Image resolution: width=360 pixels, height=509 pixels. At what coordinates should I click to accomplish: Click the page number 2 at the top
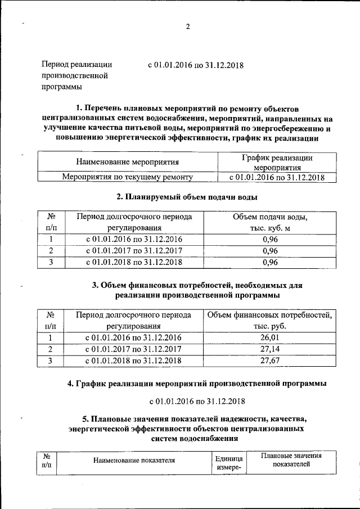coord(188,27)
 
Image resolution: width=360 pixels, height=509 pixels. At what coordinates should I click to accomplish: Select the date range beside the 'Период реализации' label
coord(195,65)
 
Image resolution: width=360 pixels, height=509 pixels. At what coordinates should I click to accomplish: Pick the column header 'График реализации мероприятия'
coord(277,162)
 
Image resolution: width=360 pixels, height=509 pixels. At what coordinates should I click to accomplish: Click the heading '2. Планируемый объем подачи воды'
coord(187,197)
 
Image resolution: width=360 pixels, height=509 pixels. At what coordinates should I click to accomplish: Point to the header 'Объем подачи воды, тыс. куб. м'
coord(270,222)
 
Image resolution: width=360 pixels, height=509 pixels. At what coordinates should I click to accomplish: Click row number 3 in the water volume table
coord(51,262)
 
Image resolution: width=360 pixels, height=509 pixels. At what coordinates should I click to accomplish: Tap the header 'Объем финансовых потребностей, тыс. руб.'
coord(270,321)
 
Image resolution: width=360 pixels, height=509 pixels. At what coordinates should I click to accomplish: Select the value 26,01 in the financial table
coord(270,338)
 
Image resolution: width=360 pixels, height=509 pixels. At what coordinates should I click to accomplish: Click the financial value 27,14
coord(270,349)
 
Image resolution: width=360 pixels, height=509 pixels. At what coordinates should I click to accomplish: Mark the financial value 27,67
coord(270,361)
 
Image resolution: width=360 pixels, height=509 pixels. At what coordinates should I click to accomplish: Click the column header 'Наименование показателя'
coord(134,461)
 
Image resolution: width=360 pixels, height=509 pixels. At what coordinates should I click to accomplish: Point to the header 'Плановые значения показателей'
coord(291,460)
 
